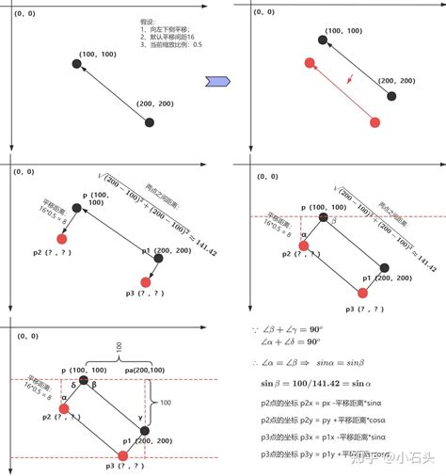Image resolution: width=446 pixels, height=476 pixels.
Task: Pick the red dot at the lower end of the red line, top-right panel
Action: (x=374, y=122)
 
